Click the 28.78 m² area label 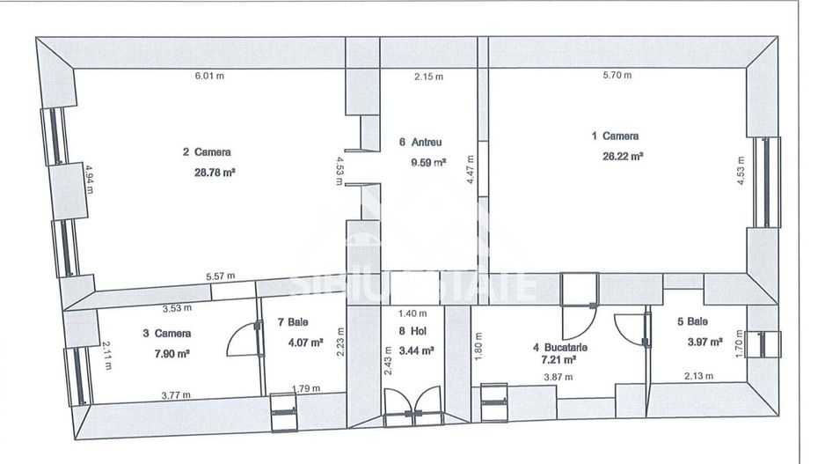[215, 173]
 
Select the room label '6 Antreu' [420, 143]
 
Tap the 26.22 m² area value [623, 157]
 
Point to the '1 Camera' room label [615, 136]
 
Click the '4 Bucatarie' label [559, 348]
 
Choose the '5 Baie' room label [692, 321]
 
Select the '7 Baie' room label [293, 321]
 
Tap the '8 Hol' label [412, 331]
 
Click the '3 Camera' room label [167, 334]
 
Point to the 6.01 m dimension [209, 76]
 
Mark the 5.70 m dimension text [617, 76]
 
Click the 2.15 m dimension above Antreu [428, 77]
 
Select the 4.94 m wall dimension [90, 179]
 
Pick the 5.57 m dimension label [221, 276]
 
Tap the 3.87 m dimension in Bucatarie [559, 377]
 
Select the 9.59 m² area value [428, 163]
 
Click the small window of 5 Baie [763, 344]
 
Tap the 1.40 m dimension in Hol [412, 314]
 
